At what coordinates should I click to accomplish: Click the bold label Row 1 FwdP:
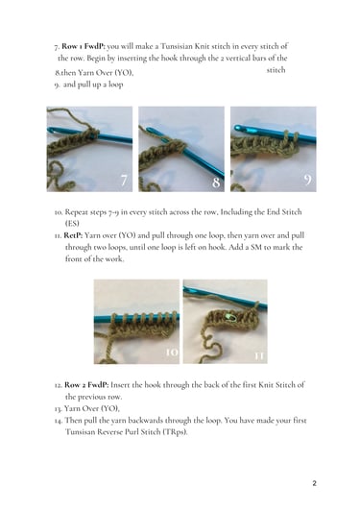(84, 46)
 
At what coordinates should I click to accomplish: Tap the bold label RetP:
(73, 235)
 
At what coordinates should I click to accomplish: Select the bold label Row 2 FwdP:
(86, 385)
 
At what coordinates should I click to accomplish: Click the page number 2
(314, 483)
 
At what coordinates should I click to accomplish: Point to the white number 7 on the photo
(124, 181)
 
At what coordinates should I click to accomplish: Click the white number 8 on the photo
(216, 182)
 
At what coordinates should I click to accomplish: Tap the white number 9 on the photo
(307, 180)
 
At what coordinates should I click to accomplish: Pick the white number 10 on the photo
(172, 353)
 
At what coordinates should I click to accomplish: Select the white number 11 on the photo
(259, 356)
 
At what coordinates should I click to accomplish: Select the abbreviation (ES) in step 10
(72, 224)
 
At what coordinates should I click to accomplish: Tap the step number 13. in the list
(59, 408)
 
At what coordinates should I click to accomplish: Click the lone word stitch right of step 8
(276, 70)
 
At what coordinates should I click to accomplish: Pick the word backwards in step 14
(146, 421)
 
